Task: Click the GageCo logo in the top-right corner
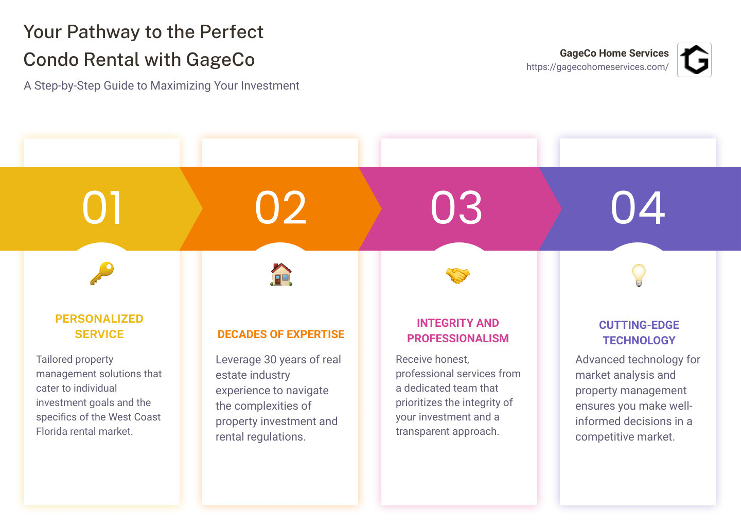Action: pyautogui.click(x=694, y=60)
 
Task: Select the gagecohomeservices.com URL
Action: pyautogui.click(x=597, y=67)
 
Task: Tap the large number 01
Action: pyautogui.click(x=101, y=208)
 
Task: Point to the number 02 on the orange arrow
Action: pyautogui.click(x=280, y=208)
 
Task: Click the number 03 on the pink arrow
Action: pyautogui.click(x=456, y=208)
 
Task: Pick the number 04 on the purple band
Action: pyautogui.click(x=638, y=208)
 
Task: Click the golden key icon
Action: pyautogui.click(x=102, y=273)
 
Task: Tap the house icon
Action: pyautogui.click(x=281, y=274)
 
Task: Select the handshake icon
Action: pyautogui.click(x=458, y=275)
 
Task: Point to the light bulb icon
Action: pyautogui.click(x=639, y=275)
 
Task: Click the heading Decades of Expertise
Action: pyautogui.click(x=281, y=334)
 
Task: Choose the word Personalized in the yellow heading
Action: pyautogui.click(x=99, y=319)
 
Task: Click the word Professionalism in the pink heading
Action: pyautogui.click(x=458, y=338)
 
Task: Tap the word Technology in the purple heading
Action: pyautogui.click(x=639, y=340)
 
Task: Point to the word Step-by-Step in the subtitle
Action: pyautogui.click(x=67, y=85)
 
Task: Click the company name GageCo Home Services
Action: pyautogui.click(x=614, y=53)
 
